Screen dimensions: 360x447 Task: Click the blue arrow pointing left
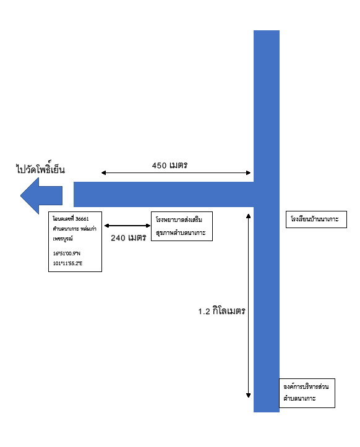(41, 195)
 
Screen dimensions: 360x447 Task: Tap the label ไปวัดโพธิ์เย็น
(40, 169)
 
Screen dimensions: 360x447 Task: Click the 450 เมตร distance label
(169, 165)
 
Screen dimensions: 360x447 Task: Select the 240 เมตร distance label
(129, 237)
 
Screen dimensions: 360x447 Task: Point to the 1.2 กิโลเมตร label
(221, 311)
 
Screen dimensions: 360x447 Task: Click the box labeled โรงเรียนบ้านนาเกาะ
(316, 219)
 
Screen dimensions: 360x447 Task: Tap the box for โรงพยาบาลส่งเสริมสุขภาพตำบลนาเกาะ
(182, 226)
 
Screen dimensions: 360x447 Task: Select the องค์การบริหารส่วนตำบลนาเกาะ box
(307, 393)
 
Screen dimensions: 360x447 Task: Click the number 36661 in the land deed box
(82, 219)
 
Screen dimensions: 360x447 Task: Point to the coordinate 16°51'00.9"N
(67, 253)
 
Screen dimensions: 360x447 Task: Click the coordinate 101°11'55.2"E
(67, 263)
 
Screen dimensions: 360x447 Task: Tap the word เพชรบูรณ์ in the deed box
(62, 239)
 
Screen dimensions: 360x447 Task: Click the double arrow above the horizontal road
(176, 172)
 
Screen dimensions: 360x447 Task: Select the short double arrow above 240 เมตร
(127, 226)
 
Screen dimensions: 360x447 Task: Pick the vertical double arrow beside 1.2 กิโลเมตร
(249, 305)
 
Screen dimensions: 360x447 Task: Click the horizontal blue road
(164, 194)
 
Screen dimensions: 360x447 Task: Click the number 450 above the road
(159, 165)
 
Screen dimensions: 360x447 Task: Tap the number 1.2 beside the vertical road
(204, 312)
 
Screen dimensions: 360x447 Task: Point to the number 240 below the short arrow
(118, 238)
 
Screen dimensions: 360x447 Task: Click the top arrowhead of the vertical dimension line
(249, 216)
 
